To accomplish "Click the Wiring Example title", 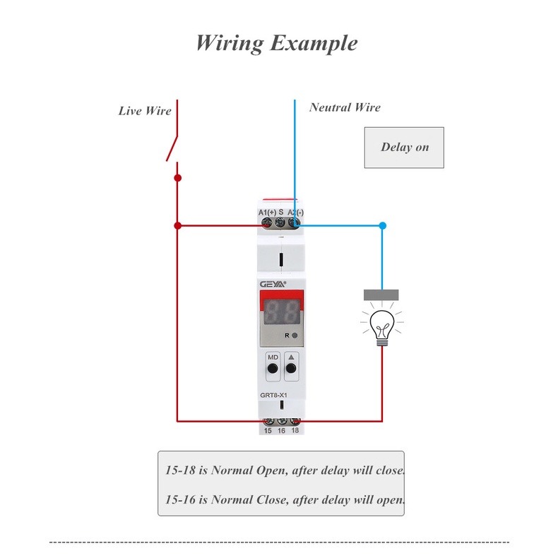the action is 277,43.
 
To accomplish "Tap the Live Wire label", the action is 145,111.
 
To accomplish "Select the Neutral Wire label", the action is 345,107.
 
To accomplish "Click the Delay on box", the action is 404,148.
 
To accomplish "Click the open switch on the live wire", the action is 172,149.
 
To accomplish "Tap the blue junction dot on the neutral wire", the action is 383,225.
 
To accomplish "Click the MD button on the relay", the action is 273,368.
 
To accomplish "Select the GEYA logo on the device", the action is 273,284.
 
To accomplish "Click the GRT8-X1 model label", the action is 273,395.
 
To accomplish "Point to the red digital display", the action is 281,311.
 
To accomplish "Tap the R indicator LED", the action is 295,336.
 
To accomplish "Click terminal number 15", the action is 268,431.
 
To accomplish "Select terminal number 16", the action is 281,431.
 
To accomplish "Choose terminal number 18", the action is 295,430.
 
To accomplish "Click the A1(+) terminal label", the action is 267,213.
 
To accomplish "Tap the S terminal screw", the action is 280,222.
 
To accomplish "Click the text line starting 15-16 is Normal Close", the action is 285,499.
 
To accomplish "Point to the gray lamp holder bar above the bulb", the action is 381,295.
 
